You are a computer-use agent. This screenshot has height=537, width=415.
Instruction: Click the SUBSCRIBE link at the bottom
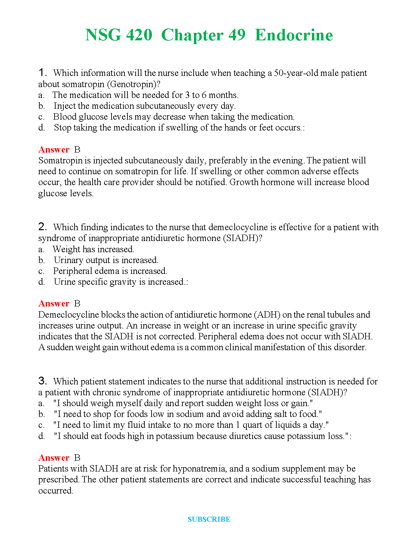(209, 519)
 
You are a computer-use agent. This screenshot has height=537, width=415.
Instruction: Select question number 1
(42, 73)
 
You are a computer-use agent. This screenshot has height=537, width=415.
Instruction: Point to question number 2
(42, 227)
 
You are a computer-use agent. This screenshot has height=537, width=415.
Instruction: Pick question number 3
(42, 381)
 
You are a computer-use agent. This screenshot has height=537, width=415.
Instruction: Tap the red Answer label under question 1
(54, 150)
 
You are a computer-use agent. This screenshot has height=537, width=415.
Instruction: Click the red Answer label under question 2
(54, 303)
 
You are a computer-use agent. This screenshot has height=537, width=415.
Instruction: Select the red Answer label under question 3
(54, 458)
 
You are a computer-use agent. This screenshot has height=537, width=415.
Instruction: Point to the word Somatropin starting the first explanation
(60, 160)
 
